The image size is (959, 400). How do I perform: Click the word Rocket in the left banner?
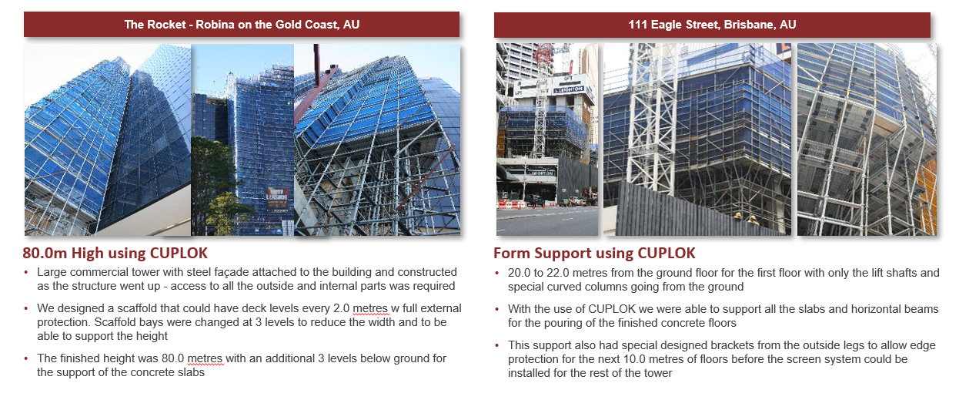166,25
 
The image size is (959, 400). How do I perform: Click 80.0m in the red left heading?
45,253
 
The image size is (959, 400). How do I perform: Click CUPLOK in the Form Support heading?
667,253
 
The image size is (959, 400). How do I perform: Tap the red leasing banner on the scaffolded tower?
277,198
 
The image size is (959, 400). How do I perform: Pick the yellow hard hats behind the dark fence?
745,217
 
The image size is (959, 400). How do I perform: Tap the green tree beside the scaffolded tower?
214,184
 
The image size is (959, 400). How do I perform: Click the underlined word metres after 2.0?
371,308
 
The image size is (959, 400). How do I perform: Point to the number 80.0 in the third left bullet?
172,358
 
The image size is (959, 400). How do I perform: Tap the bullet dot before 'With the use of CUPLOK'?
497,309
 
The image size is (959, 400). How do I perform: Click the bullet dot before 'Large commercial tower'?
26,272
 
